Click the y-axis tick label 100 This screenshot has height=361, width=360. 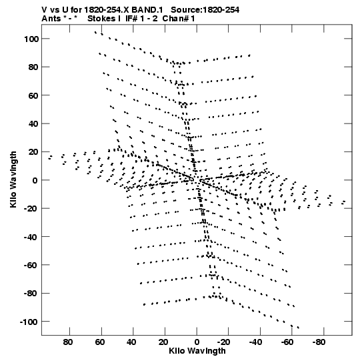pyautogui.click(x=31, y=39)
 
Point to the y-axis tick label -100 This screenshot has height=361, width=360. pyautogui.click(x=29, y=322)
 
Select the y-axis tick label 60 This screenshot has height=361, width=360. pyautogui.click(x=33, y=95)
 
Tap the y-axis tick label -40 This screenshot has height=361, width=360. pyautogui.click(x=31, y=237)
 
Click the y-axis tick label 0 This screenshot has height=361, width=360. pyautogui.click(x=35, y=180)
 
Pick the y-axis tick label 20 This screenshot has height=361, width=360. pyautogui.click(x=33, y=152)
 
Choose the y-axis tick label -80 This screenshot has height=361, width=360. pyautogui.click(x=31, y=294)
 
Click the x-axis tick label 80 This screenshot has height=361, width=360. pyautogui.click(x=68, y=342)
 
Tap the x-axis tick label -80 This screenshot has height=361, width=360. pyautogui.click(x=319, y=342)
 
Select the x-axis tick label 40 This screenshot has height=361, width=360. pyautogui.click(x=131, y=342)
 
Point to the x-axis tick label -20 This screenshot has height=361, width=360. pyautogui.click(x=223, y=342)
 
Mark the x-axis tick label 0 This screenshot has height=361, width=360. pyautogui.click(x=197, y=342)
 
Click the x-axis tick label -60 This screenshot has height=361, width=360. pyautogui.click(x=287, y=342)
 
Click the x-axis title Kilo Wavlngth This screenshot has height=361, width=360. pyautogui.click(x=197, y=351)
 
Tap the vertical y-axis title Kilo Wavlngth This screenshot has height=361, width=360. pyautogui.click(x=13, y=179)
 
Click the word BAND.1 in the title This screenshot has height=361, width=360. pyautogui.click(x=147, y=10)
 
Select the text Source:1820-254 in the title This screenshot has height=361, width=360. pyautogui.click(x=205, y=10)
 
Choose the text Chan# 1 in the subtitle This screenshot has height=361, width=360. pyautogui.click(x=179, y=19)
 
